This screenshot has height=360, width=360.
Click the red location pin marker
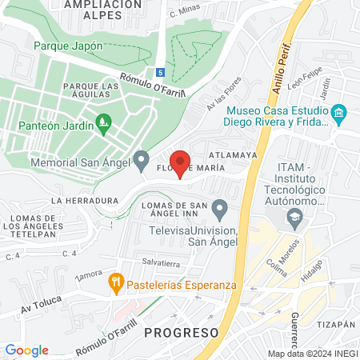180,162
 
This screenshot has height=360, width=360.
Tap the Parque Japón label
68,46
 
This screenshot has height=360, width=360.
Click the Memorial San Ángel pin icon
142,161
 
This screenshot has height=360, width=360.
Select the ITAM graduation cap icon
295,215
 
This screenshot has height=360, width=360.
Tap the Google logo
26,350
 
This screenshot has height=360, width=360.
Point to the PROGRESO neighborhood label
182,331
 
